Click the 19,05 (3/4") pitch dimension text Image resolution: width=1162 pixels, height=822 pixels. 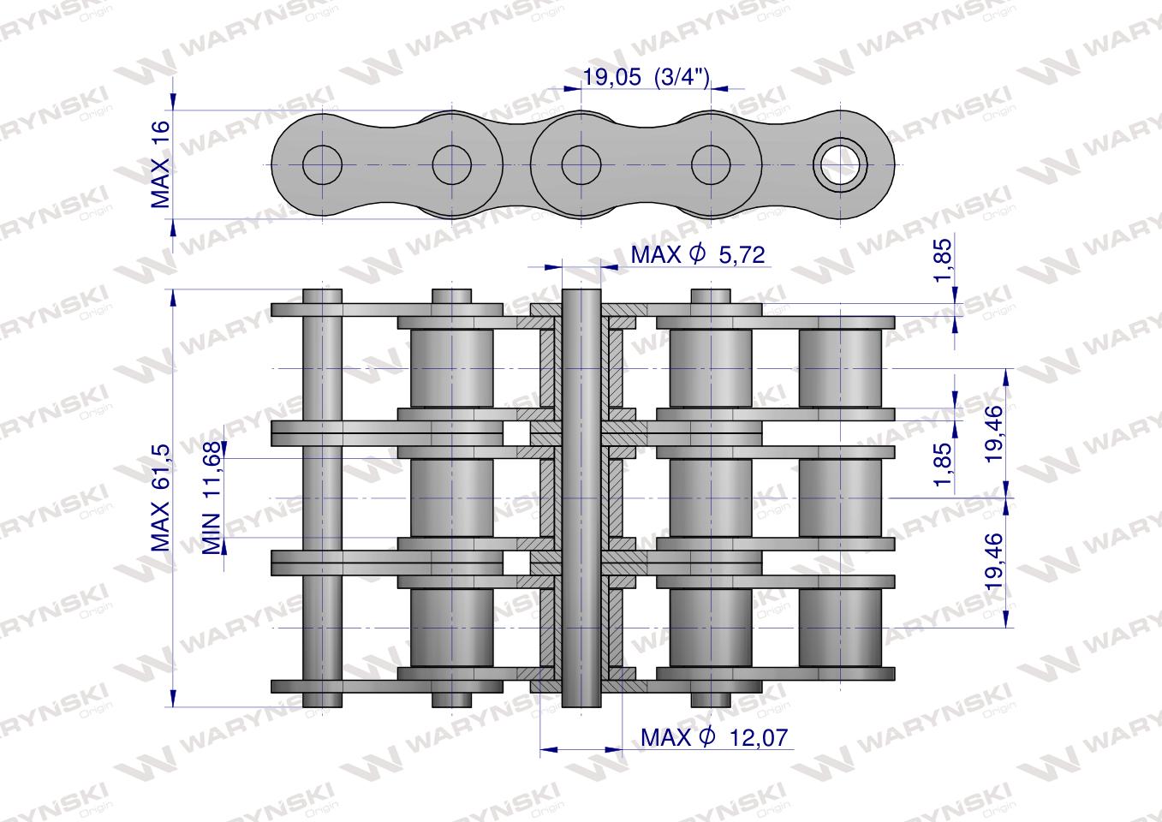(x=646, y=78)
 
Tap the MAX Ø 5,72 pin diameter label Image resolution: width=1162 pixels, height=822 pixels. (x=696, y=254)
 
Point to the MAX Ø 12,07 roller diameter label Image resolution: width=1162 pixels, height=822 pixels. (x=713, y=736)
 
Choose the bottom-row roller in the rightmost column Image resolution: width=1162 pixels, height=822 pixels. (x=840, y=628)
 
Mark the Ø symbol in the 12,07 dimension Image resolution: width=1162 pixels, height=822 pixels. (x=706, y=736)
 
